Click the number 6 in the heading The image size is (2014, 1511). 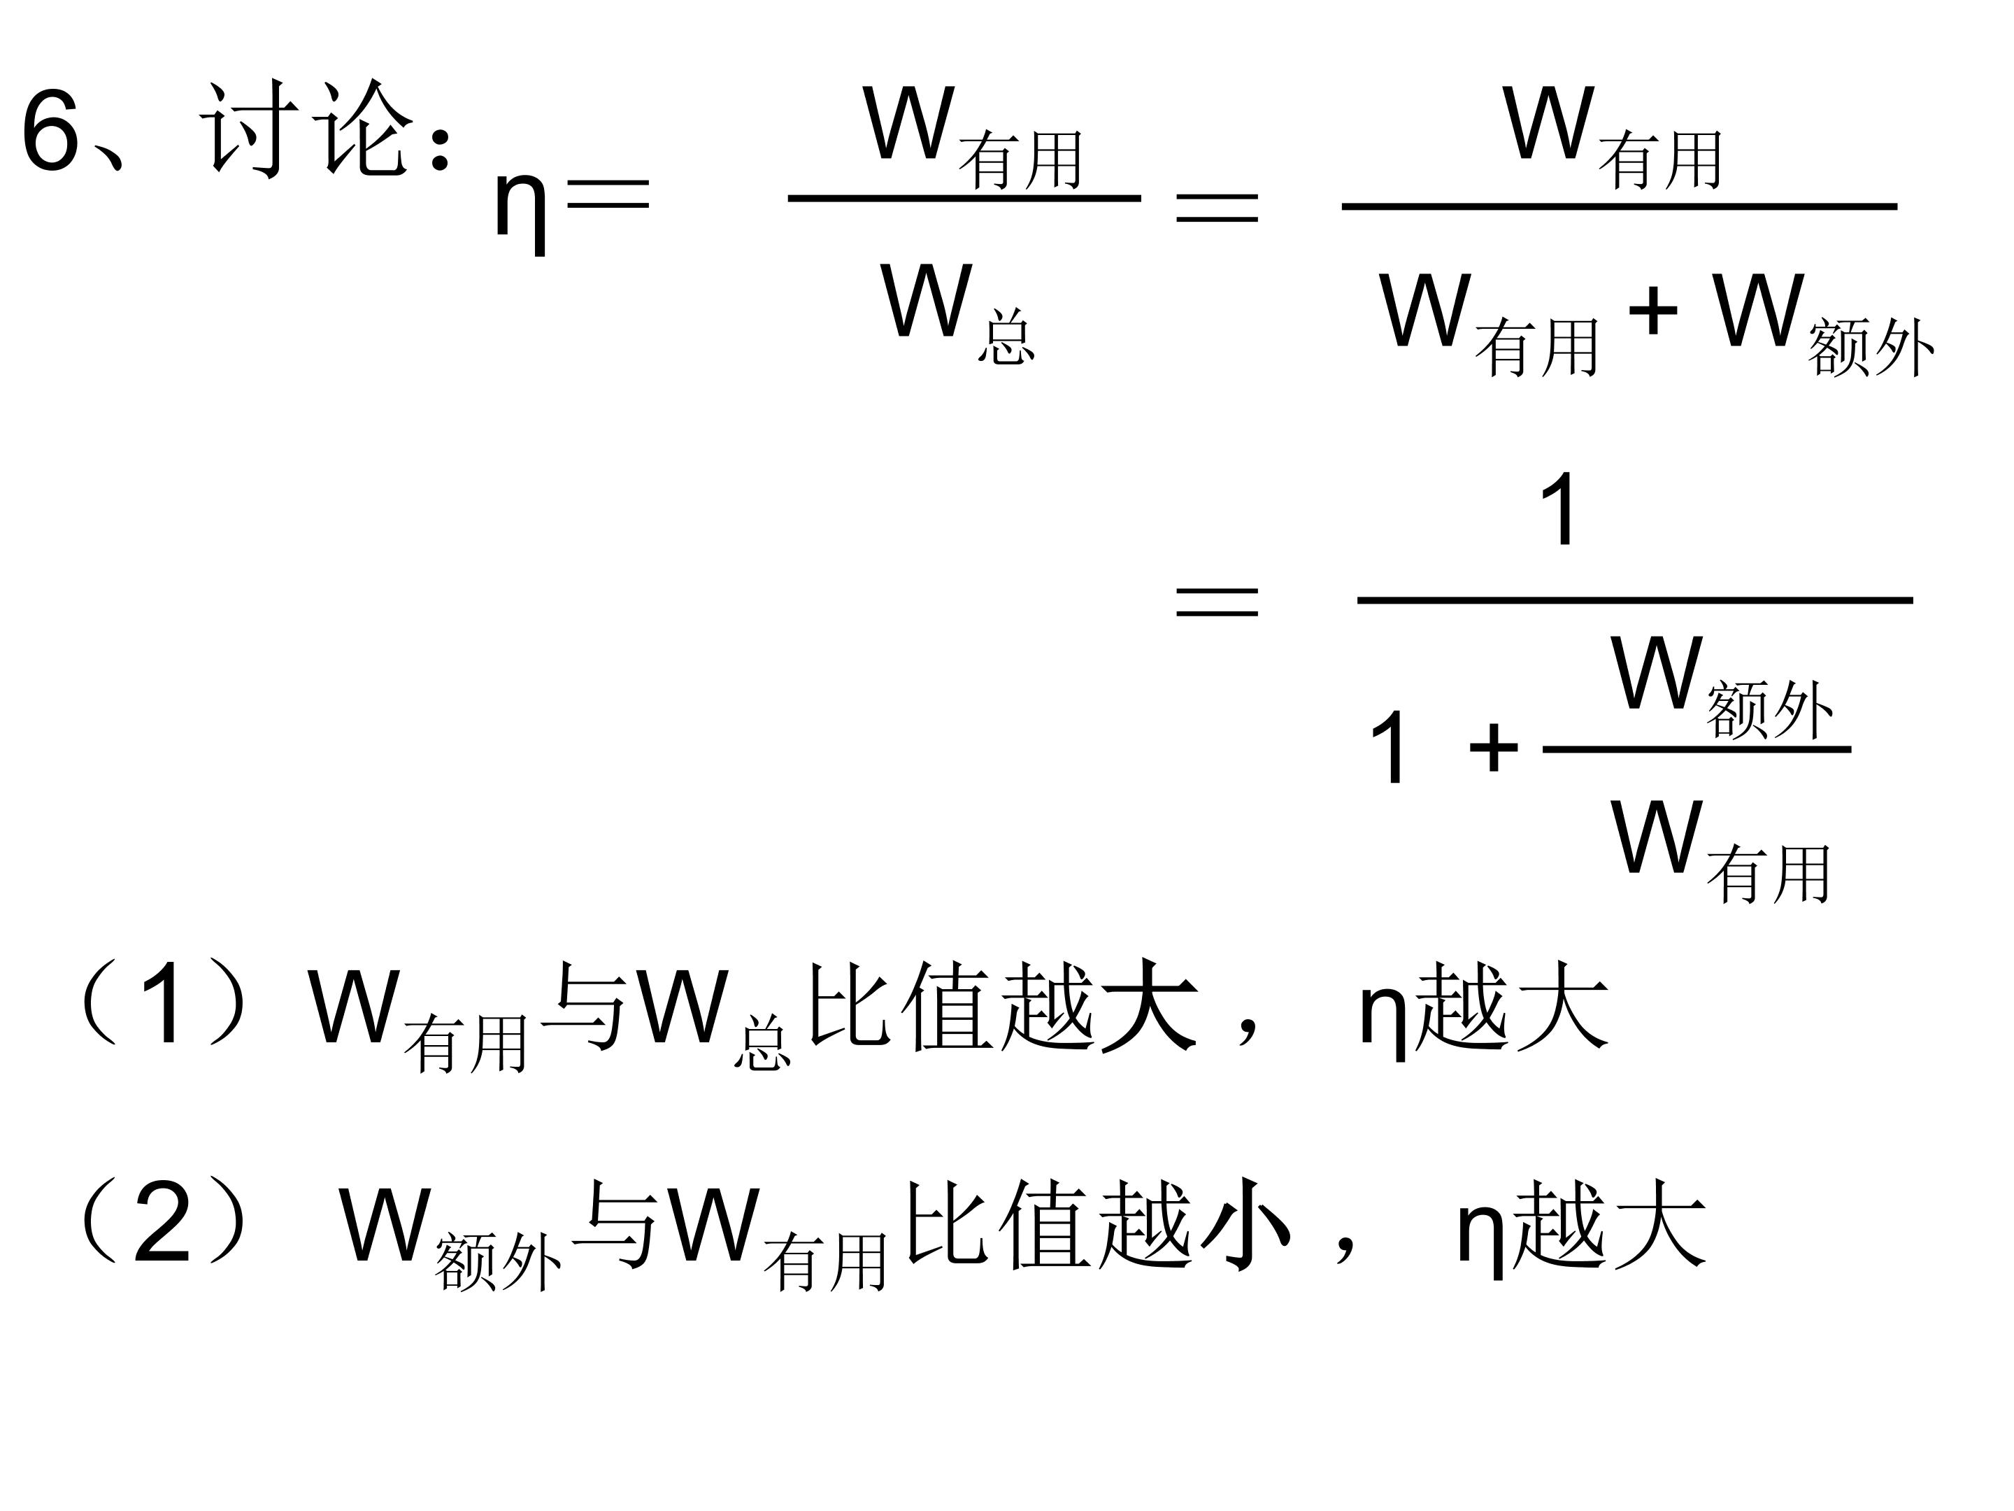pyautogui.click(x=52, y=130)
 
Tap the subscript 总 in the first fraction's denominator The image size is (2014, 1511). pyautogui.click(x=1006, y=338)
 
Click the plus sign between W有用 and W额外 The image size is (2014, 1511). pyautogui.click(x=1652, y=311)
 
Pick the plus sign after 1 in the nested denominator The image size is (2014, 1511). pyautogui.click(x=1493, y=748)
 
